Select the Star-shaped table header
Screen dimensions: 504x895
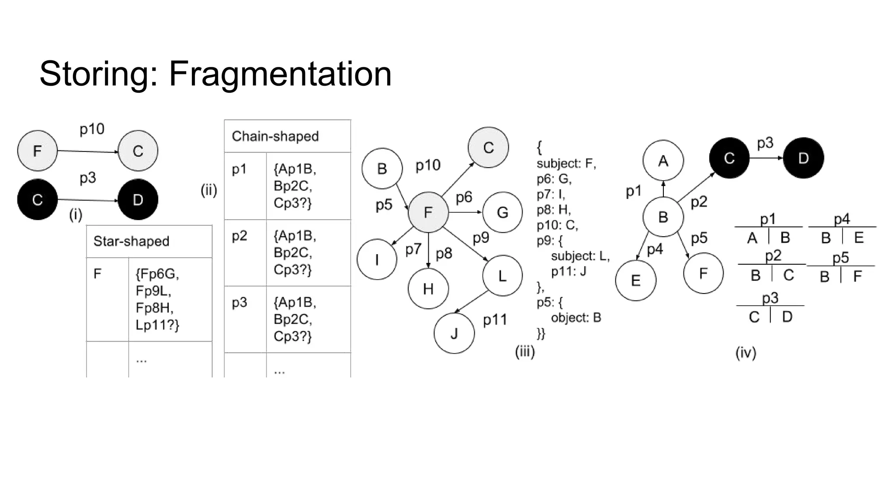click(x=131, y=241)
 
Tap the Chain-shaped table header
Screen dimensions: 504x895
click(x=275, y=136)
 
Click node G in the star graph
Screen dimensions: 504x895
click(x=502, y=212)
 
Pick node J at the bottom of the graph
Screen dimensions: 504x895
click(x=454, y=333)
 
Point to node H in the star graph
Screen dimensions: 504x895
click(x=428, y=288)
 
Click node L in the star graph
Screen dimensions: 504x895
click(x=502, y=276)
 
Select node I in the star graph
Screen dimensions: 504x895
click(x=377, y=259)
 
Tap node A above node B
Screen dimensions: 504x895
click(x=663, y=161)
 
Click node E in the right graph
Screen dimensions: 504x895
click(x=635, y=280)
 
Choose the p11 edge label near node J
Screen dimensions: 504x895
click(x=495, y=320)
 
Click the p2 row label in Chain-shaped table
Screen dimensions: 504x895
click(x=239, y=236)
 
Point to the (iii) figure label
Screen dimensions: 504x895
click(x=525, y=351)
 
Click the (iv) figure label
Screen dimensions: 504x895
click(x=746, y=352)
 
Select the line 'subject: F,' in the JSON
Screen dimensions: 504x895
click(x=566, y=163)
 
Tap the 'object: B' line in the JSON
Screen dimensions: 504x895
click(x=576, y=318)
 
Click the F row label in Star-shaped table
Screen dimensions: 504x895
click(x=97, y=274)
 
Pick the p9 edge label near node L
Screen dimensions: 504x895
click(x=481, y=238)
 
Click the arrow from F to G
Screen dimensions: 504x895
click(x=465, y=212)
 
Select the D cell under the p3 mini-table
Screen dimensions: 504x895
click(x=787, y=316)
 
